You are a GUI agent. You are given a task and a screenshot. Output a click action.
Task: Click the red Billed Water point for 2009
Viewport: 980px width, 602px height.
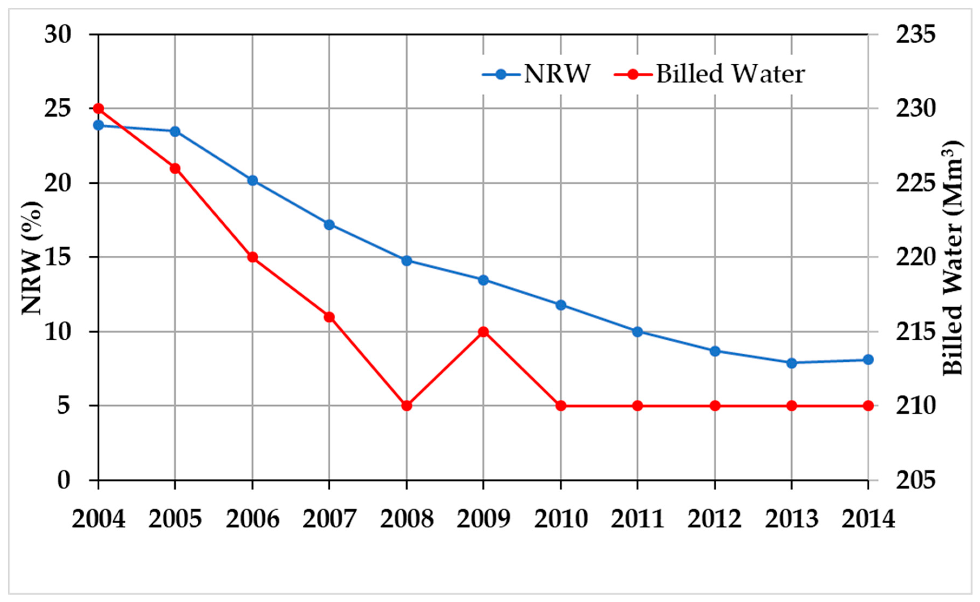tap(483, 332)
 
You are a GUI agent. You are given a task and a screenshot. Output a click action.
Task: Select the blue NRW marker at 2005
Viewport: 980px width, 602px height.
tap(175, 131)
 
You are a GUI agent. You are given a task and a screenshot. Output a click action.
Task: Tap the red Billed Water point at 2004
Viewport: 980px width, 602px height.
tap(98, 108)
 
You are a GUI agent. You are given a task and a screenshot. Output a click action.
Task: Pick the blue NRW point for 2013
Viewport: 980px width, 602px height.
tap(791, 363)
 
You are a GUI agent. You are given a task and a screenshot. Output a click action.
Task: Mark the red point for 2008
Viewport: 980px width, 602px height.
tap(406, 406)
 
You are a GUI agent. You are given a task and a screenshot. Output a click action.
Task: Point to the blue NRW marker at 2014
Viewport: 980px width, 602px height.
tap(868, 360)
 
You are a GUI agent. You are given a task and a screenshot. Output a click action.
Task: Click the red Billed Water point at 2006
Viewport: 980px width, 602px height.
tap(252, 257)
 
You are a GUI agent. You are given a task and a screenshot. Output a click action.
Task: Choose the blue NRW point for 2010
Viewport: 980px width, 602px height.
tap(560, 305)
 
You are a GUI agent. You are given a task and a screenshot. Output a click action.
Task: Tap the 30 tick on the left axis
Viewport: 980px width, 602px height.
tap(58, 35)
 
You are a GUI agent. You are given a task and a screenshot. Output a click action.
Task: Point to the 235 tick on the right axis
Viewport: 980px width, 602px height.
tap(914, 35)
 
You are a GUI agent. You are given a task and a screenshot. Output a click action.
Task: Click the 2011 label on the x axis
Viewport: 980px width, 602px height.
tap(637, 519)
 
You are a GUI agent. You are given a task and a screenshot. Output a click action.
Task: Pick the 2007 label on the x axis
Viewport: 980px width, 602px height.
tap(329, 519)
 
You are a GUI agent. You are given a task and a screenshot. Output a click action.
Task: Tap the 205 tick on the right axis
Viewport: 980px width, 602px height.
tap(914, 481)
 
